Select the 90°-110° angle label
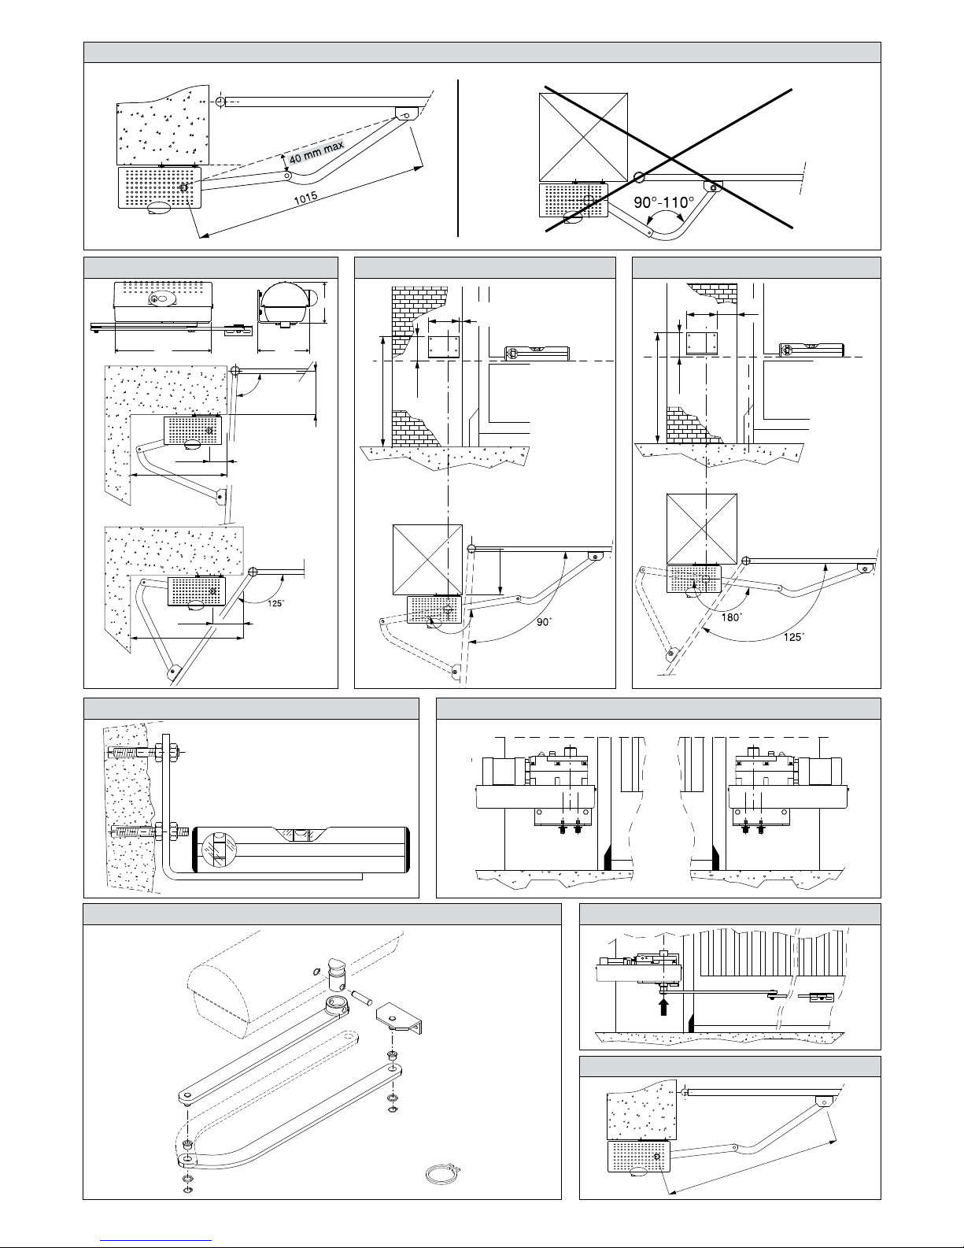[x=663, y=202]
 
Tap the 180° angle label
[x=732, y=617]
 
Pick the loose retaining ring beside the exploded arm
[x=441, y=1174]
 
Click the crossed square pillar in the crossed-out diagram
[x=583, y=136]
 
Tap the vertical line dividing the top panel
[x=458, y=157]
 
